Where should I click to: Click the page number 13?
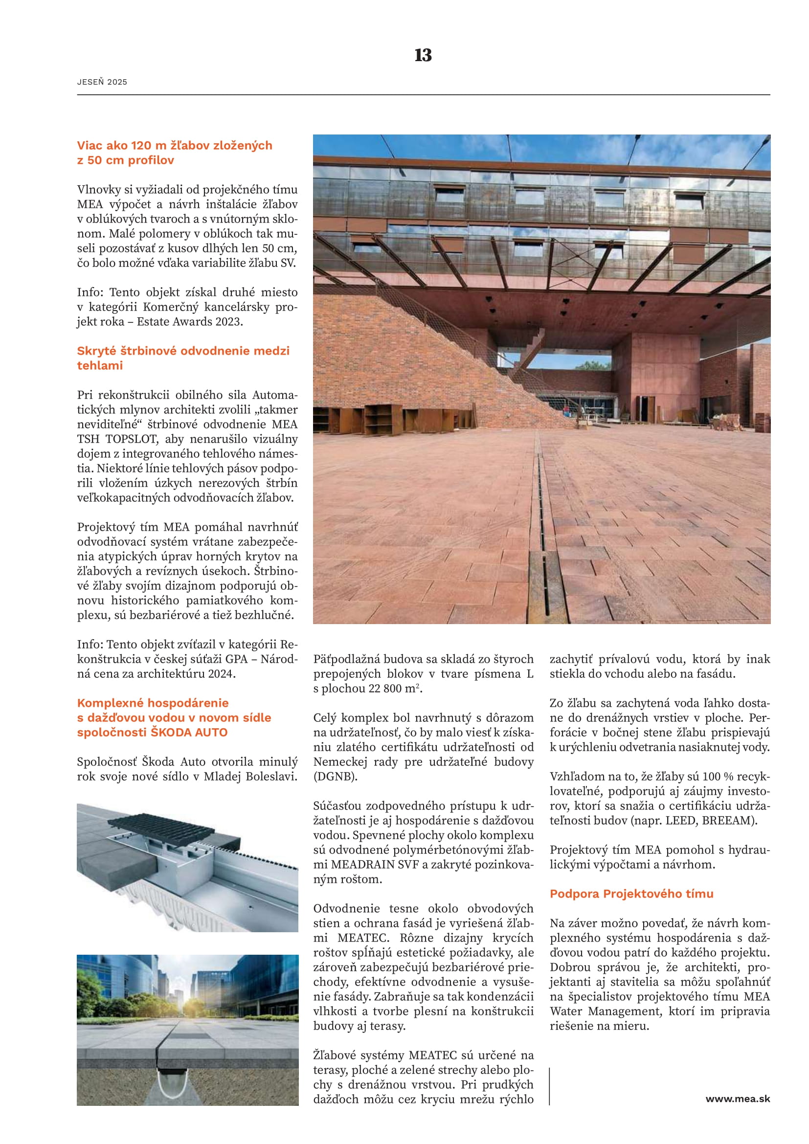point(423,55)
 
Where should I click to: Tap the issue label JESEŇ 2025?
point(102,82)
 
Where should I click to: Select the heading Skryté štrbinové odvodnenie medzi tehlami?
point(183,358)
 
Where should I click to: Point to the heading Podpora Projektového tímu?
point(631,894)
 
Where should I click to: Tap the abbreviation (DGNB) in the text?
point(335,776)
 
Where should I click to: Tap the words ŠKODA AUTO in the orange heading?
point(189,732)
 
